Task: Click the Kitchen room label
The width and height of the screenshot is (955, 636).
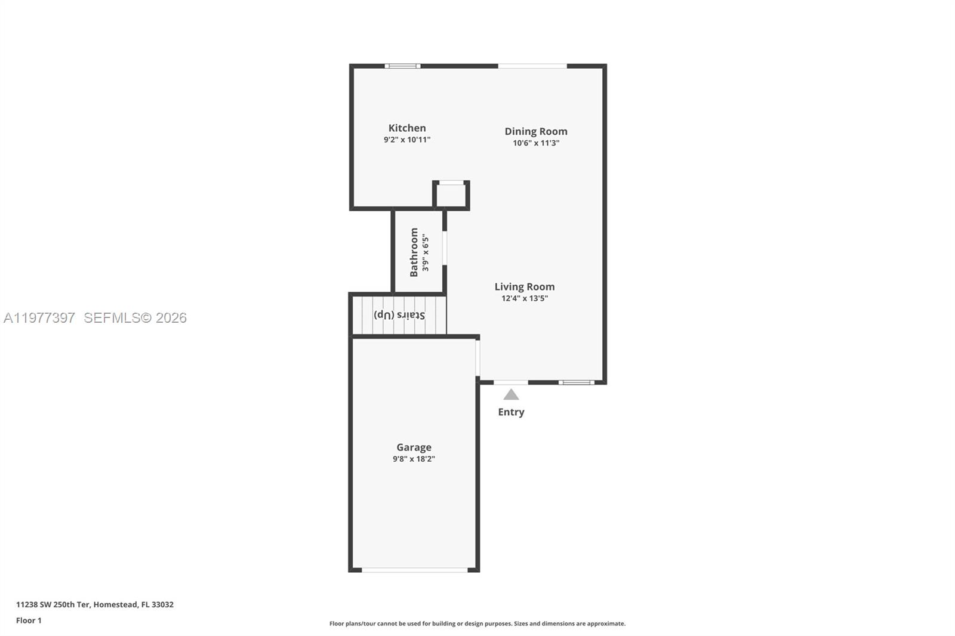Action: pyautogui.click(x=407, y=128)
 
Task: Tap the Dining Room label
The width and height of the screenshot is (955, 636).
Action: pyautogui.click(x=535, y=131)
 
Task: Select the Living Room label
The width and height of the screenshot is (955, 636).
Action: pyautogui.click(x=524, y=287)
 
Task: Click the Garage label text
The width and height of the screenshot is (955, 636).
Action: pyautogui.click(x=414, y=447)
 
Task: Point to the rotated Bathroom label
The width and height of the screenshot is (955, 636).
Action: pyautogui.click(x=414, y=252)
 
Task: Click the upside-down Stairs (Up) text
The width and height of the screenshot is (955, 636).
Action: pyautogui.click(x=399, y=314)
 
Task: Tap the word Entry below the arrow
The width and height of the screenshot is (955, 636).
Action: pyautogui.click(x=511, y=412)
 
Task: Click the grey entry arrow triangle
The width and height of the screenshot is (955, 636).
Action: pyautogui.click(x=511, y=395)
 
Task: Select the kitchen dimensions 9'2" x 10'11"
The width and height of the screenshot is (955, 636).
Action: pyautogui.click(x=407, y=140)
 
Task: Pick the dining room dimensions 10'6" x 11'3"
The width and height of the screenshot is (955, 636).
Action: pyautogui.click(x=535, y=143)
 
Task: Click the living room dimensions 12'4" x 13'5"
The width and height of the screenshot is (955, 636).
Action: pyautogui.click(x=524, y=298)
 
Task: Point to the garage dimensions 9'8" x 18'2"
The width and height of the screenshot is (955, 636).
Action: pyautogui.click(x=414, y=459)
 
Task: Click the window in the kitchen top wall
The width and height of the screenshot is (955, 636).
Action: pyautogui.click(x=402, y=66)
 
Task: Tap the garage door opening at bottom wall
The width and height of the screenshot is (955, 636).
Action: pyautogui.click(x=415, y=570)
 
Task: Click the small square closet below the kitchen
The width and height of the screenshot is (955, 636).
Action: pyautogui.click(x=451, y=194)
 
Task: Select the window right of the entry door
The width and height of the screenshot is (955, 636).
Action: pyautogui.click(x=577, y=382)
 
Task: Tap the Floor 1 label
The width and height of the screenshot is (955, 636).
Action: pyautogui.click(x=29, y=620)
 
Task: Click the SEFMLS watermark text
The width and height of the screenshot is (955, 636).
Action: pyautogui.click(x=135, y=318)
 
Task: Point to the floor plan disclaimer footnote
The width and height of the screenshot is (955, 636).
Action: pyautogui.click(x=478, y=623)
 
